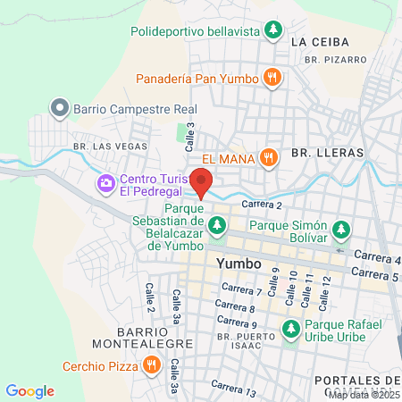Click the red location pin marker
[x=202, y=183]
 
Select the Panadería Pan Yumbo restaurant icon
[x=272, y=78]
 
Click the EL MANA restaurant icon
[x=268, y=158]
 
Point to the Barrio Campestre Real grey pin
[x=60, y=108]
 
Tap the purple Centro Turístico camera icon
[x=106, y=184]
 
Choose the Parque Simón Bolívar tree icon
[x=339, y=231]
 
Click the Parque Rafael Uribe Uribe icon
[x=289, y=329]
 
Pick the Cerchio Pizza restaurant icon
[x=151, y=365]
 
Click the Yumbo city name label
[x=239, y=264]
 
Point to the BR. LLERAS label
[x=326, y=154]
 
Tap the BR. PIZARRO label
[x=335, y=59]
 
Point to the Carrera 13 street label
[x=234, y=389]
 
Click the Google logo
[x=29, y=391]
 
